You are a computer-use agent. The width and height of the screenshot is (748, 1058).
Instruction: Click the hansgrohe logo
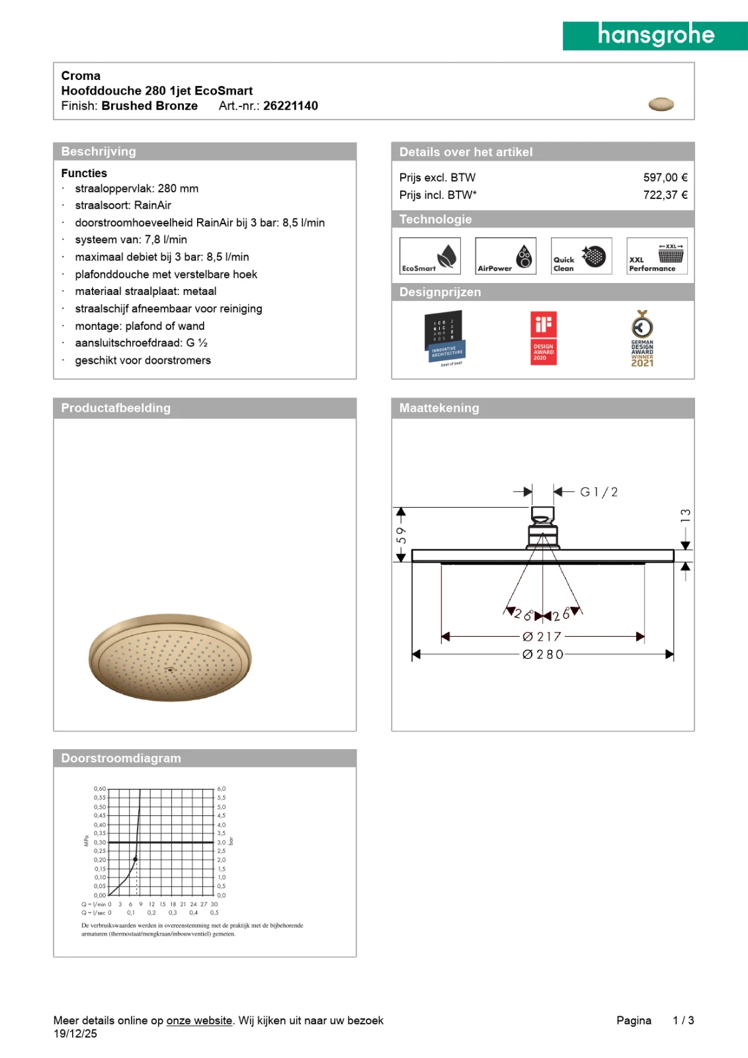655,35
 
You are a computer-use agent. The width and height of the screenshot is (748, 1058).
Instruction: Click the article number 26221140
290,106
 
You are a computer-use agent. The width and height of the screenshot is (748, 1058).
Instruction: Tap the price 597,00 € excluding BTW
665,177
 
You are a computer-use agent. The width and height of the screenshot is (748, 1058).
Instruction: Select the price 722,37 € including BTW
665,195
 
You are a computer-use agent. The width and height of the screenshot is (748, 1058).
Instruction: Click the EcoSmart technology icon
430,256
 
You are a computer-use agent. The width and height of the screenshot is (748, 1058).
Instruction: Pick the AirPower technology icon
505,256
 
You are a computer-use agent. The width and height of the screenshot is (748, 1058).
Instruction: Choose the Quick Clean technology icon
581,256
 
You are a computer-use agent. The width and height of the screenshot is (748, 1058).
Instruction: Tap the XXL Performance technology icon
657,256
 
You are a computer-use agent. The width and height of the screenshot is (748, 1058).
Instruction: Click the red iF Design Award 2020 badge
544,338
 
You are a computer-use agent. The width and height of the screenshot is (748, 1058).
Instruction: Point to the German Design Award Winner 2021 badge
642,339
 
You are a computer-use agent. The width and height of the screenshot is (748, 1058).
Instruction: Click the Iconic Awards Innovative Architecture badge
444,338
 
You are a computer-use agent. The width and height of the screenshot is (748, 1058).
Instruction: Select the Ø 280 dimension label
543,655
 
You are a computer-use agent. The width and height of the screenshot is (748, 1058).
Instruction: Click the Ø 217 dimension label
542,637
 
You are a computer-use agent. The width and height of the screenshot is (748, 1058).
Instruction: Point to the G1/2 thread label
599,492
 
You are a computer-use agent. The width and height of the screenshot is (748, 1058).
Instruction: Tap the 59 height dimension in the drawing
401,535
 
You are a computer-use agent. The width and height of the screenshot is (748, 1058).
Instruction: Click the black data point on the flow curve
136,859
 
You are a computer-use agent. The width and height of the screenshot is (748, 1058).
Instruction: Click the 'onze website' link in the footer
199,1020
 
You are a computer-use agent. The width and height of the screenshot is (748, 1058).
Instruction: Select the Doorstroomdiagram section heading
121,758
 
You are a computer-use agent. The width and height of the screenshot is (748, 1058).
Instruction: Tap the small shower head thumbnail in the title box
661,104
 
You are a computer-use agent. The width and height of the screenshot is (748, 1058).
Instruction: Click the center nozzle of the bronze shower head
170,670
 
